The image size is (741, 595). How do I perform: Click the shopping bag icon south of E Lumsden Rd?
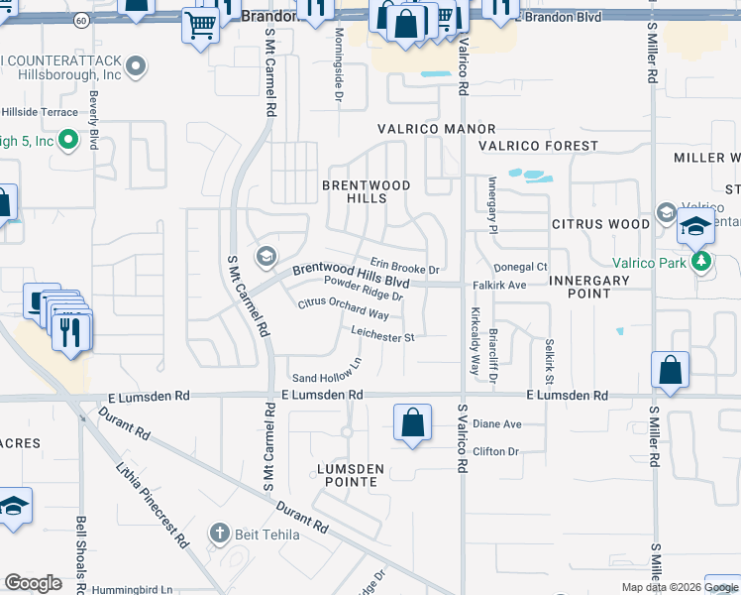point(412,422)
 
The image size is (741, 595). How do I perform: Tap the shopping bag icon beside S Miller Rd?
point(671,371)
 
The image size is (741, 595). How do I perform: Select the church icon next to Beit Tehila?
point(221,535)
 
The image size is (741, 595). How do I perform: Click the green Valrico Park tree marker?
point(702,262)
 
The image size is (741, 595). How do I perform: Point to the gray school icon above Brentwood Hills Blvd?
point(265,258)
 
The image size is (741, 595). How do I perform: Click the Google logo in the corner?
point(33,583)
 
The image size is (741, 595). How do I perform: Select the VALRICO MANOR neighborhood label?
point(436,130)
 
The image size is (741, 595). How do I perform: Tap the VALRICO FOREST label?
point(538,146)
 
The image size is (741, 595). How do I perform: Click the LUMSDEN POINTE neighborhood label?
point(347,482)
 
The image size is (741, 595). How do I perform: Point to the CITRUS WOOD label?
point(601,224)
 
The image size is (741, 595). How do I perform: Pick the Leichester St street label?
point(381,337)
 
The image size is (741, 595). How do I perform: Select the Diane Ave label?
point(496,424)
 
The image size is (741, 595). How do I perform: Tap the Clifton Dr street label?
point(496,452)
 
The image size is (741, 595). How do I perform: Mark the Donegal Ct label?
point(521,267)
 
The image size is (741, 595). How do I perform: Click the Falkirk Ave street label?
point(525,285)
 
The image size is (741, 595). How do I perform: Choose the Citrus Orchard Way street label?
point(344,308)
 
